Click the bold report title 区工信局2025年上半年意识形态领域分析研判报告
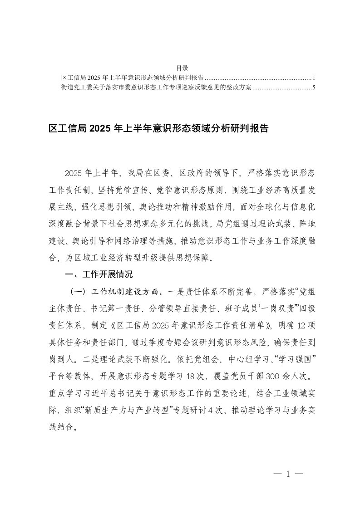[158, 129]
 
